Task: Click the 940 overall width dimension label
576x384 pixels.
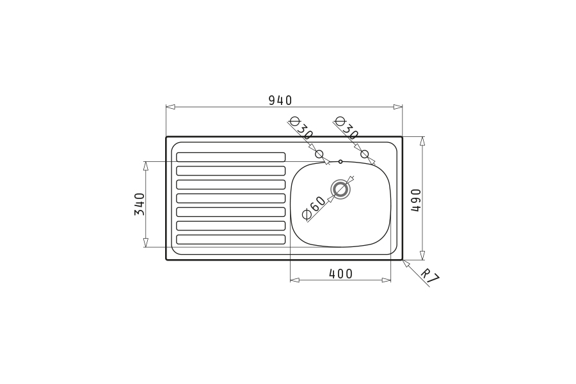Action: click(x=280, y=100)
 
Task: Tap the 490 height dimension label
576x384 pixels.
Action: click(x=416, y=200)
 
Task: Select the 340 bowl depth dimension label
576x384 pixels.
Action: click(x=140, y=204)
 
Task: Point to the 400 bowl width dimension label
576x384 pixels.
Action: click(x=340, y=274)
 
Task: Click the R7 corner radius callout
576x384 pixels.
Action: click(x=430, y=276)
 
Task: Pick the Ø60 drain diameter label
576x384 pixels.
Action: click(x=313, y=209)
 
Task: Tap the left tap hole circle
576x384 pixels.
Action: click(x=319, y=154)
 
